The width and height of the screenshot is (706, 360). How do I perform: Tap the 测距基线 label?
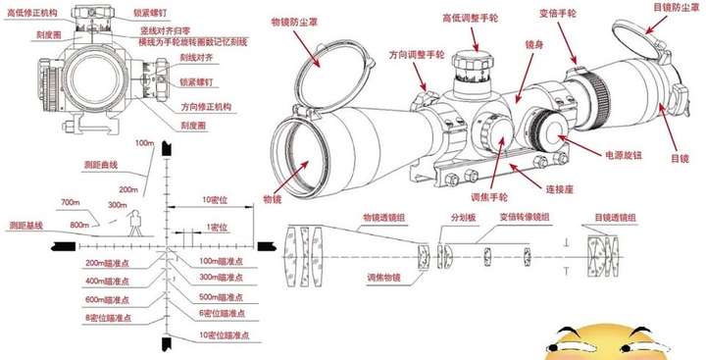point(25,226)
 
